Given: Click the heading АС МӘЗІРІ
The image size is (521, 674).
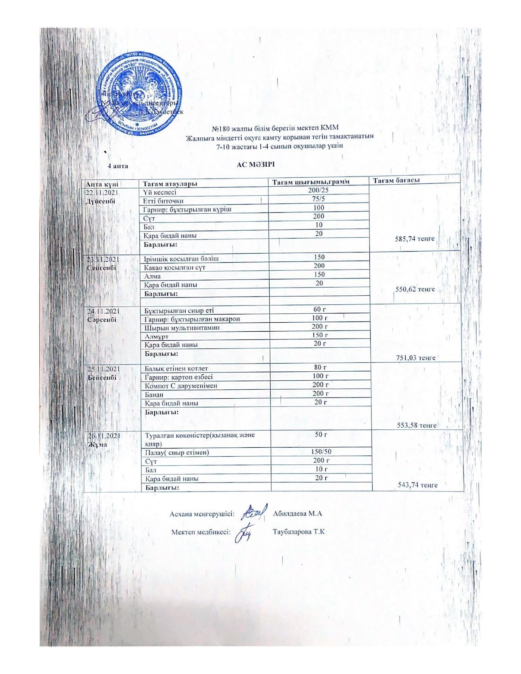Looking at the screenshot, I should click(x=256, y=165).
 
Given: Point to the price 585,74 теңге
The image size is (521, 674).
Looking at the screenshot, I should click(x=415, y=239).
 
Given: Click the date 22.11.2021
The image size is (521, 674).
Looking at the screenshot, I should click(x=102, y=192).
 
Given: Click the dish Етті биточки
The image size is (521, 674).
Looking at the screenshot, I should click(x=163, y=201).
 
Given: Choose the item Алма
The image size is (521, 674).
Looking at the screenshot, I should click(x=152, y=276).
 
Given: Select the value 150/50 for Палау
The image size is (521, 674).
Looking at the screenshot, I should click(x=322, y=452).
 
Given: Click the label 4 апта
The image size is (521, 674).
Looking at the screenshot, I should click(x=118, y=166).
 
